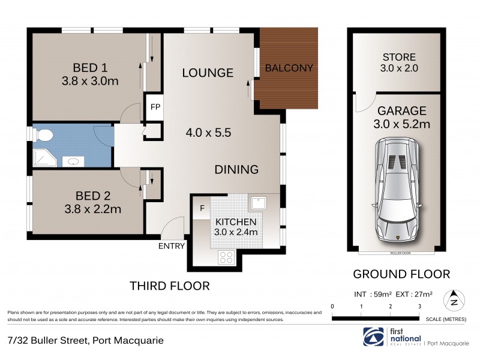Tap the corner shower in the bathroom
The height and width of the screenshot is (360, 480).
43,158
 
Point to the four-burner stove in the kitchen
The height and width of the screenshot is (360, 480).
227,257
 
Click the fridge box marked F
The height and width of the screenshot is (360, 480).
202,209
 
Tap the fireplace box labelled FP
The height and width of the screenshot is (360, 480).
155,108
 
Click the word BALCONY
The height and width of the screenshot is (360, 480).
289,68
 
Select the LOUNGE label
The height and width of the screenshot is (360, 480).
208,73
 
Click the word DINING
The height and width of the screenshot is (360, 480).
236,170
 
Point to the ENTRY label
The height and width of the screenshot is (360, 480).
171,246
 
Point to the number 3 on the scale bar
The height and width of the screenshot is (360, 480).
419,307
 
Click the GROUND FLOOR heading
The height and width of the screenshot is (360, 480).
401,274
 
